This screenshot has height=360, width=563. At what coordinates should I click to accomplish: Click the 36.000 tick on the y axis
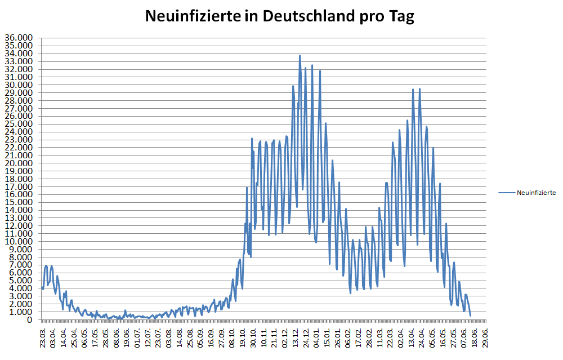[x=19, y=38]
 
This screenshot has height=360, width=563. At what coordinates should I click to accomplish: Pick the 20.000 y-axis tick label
[x=19, y=163]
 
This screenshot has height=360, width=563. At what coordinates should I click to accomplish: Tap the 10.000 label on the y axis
[x=19, y=241]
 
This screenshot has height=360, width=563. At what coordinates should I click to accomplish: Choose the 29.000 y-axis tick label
[x=19, y=92]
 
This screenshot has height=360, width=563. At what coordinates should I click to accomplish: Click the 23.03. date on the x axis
[x=43, y=336]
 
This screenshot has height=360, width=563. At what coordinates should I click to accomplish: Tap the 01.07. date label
[x=137, y=336]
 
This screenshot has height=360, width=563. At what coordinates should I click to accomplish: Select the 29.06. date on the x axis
[x=485, y=336]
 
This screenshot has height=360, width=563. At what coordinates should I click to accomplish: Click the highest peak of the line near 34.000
[x=300, y=55]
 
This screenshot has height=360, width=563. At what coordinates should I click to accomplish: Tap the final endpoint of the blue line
[x=470, y=315]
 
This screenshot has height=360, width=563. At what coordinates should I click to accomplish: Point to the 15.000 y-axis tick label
[x=19, y=202]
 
